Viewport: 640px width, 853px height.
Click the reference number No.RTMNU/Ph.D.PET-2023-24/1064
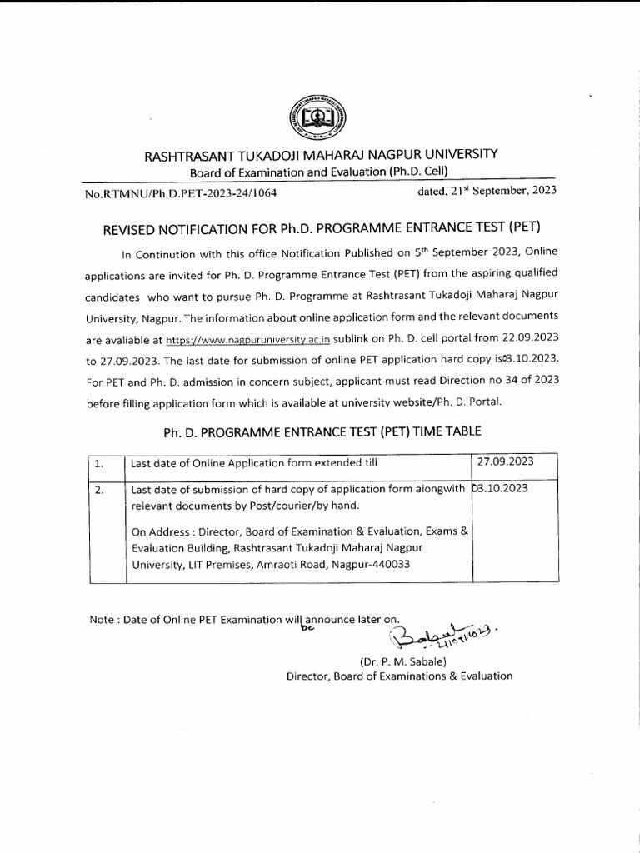pos(181,192)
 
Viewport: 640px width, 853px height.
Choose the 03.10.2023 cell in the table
pos(503,489)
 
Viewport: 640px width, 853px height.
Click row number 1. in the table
pos(100,465)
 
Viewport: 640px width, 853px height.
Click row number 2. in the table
pos(100,491)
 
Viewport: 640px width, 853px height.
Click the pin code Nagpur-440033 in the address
pos(368,564)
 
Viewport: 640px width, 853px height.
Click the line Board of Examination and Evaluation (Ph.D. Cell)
pos(319,172)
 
